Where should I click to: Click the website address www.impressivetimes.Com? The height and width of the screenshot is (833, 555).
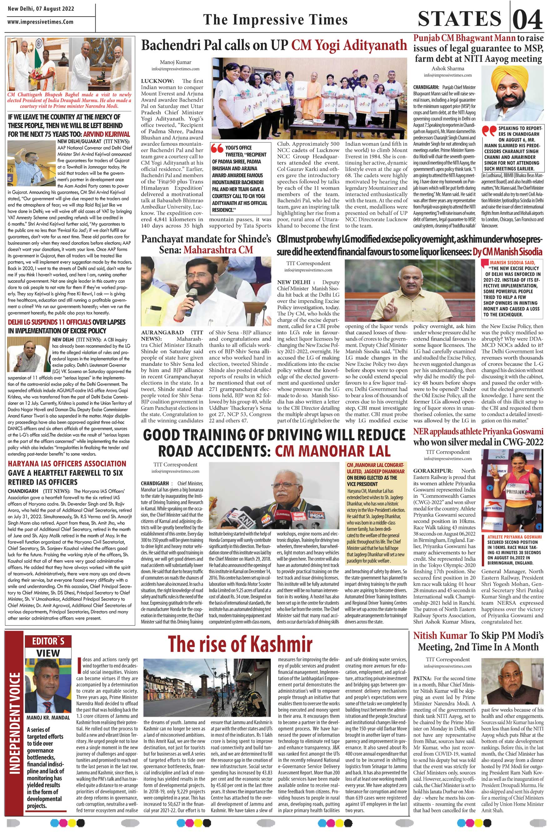coord(40,22)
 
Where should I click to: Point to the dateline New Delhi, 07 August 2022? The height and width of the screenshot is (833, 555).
coord(41,8)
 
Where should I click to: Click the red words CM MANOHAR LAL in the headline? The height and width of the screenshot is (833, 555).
coord(332,451)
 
